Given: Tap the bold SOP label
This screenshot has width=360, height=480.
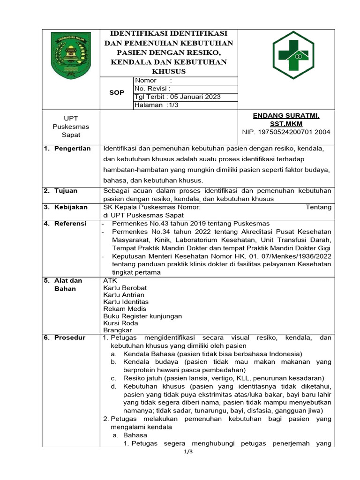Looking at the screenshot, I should pos(117,93).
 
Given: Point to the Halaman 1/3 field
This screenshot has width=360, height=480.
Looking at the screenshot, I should pos(157,105).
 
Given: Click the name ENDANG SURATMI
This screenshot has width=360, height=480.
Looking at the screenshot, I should pos(286,115).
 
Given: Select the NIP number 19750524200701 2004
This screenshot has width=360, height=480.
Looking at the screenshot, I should pos(286,132).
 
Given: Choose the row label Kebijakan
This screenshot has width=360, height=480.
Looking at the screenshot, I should pos(69,207).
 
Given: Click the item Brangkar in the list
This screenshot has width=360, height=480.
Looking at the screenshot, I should pos(118,330).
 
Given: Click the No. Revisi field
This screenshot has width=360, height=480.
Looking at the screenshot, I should pos(152,89).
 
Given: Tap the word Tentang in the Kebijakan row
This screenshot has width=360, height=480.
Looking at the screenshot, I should pos(318,207).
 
